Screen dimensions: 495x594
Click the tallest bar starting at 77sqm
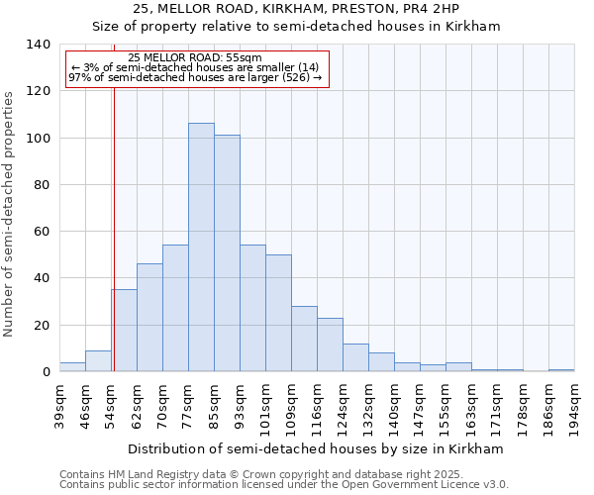[x=201, y=247]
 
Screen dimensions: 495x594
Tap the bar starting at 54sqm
[x=124, y=331]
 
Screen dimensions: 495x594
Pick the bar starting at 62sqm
[x=149, y=318]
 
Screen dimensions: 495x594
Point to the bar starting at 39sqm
[x=72, y=367]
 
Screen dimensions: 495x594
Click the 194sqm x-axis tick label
[x=574, y=406]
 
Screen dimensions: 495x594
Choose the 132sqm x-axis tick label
[x=368, y=406]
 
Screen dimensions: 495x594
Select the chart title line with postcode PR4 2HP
[x=296, y=9]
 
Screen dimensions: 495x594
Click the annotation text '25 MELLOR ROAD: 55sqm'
[x=195, y=58]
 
